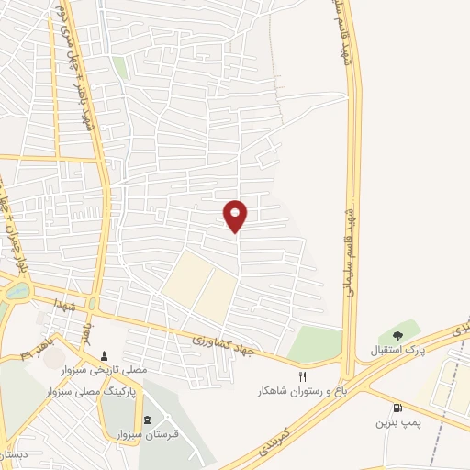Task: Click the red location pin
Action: [236, 215]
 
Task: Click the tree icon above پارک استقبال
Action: [397, 336]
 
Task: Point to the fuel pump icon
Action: [397, 408]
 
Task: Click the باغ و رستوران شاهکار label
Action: [297, 391]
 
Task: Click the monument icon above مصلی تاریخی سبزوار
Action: [103, 355]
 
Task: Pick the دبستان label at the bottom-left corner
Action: [13, 455]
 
